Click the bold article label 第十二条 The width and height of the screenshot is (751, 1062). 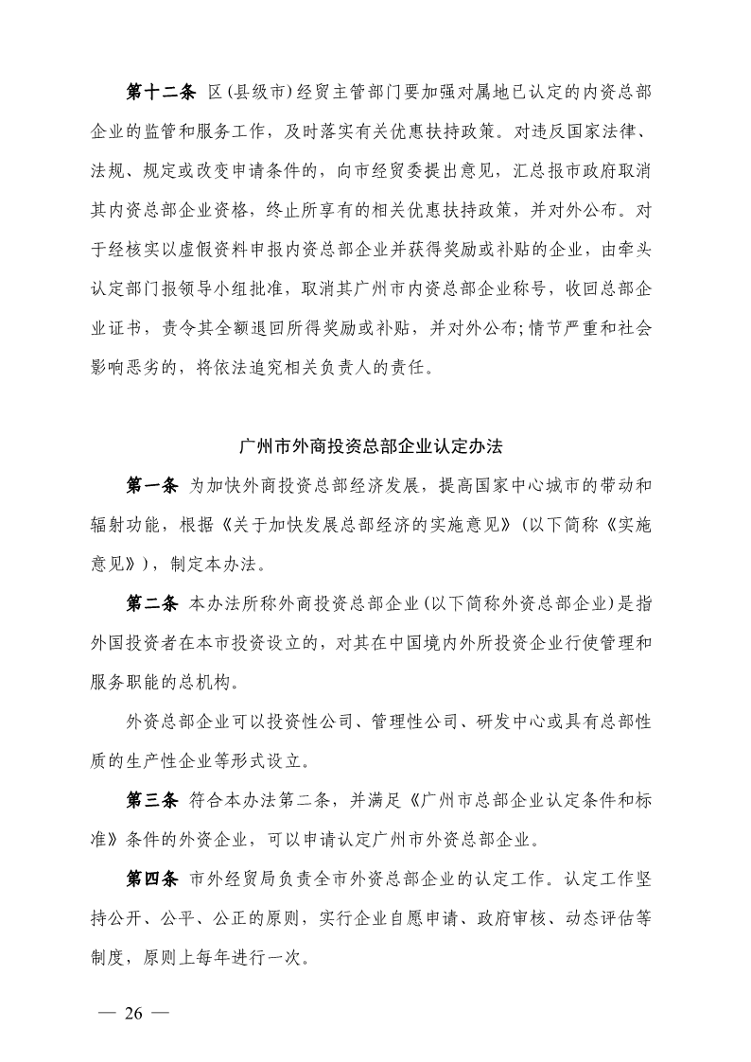point(160,92)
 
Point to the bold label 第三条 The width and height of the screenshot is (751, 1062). point(152,800)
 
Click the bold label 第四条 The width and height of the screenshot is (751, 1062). point(152,879)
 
